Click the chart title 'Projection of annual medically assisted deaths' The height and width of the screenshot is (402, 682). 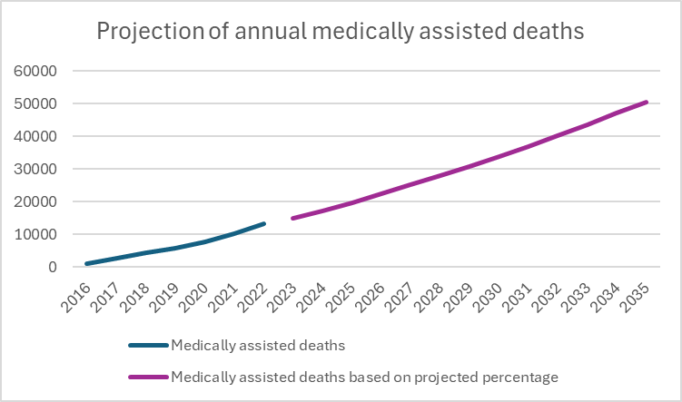341,32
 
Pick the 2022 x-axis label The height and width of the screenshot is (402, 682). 259,293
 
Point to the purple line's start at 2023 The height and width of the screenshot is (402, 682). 292,218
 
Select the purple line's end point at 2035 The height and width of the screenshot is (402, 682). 646,102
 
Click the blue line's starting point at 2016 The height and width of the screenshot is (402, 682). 87,263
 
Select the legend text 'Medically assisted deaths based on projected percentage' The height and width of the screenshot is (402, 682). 364,376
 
